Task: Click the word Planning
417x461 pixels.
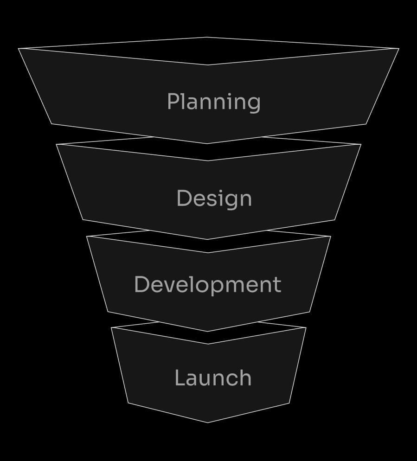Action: (213, 102)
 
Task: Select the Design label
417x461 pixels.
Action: (214, 198)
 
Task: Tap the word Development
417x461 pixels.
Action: (207, 284)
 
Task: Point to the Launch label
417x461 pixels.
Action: (213, 378)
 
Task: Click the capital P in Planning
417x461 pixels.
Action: (173, 101)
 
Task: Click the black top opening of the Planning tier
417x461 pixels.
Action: (207, 51)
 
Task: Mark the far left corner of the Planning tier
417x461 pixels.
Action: (19, 48)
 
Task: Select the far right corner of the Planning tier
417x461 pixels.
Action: (399, 48)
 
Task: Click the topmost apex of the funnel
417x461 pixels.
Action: (207, 37)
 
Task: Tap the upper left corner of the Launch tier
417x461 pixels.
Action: (111, 328)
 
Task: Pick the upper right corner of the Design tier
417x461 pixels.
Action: (361, 144)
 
